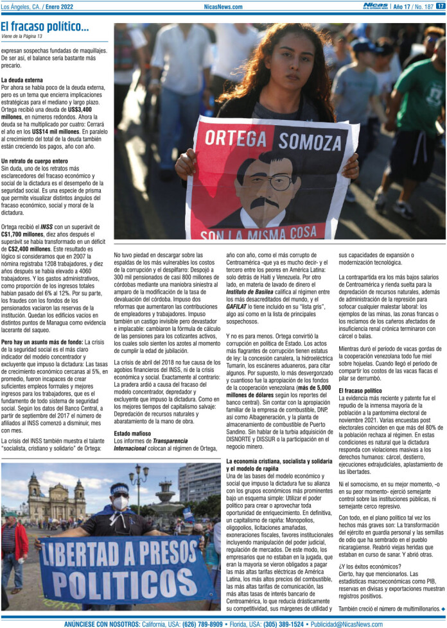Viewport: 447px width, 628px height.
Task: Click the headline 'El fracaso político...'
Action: [x=45, y=27]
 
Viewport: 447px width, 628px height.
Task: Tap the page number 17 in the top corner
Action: [x=440, y=6]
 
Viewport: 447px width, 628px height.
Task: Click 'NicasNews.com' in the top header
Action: [x=223, y=7]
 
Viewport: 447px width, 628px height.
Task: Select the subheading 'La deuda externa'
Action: [x=22, y=80]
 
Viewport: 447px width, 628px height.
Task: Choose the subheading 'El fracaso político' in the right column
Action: [x=360, y=390]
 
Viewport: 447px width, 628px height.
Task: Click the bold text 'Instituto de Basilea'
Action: [x=252, y=291]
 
